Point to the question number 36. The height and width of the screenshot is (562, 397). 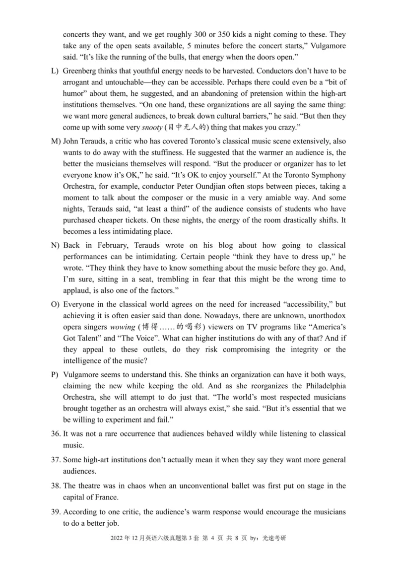[56, 434]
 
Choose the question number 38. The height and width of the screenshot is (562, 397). [56, 486]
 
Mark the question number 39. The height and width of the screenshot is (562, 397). [56, 511]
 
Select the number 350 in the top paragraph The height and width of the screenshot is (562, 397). [232, 36]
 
